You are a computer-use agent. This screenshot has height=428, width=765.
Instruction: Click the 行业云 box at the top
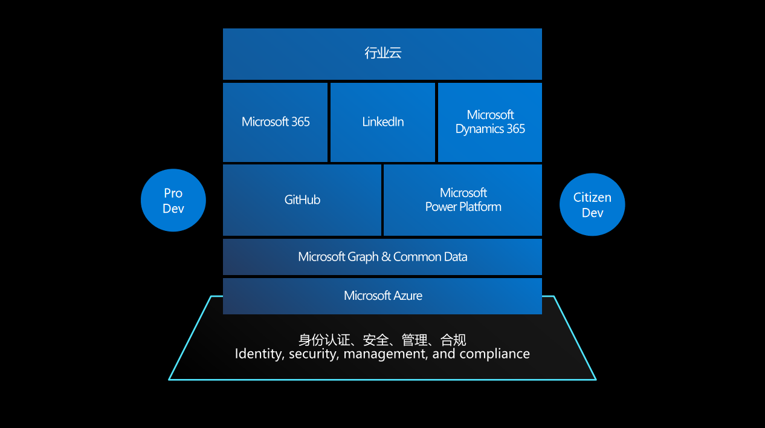tap(382, 54)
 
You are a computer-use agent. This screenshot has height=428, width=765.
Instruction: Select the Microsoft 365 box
tap(276, 122)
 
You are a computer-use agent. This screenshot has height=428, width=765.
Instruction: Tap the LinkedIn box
tap(382, 122)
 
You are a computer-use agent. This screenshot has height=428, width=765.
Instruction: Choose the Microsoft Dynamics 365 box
tap(490, 122)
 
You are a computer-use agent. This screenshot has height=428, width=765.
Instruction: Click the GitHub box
tap(302, 200)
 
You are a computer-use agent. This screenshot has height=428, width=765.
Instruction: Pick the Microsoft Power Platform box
tap(463, 200)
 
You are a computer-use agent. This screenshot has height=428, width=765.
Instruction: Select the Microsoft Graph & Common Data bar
tap(382, 257)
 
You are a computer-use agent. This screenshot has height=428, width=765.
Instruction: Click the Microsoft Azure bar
tap(382, 296)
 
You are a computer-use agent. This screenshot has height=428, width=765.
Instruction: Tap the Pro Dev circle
tap(173, 200)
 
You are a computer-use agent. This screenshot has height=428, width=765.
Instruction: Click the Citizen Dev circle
tap(592, 204)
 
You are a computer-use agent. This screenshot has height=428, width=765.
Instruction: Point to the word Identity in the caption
tap(259, 354)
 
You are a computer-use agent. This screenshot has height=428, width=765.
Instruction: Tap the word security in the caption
tap(312, 354)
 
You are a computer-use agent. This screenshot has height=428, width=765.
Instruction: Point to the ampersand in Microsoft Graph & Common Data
tap(386, 257)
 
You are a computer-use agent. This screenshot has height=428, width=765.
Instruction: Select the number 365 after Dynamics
tap(515, 129)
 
